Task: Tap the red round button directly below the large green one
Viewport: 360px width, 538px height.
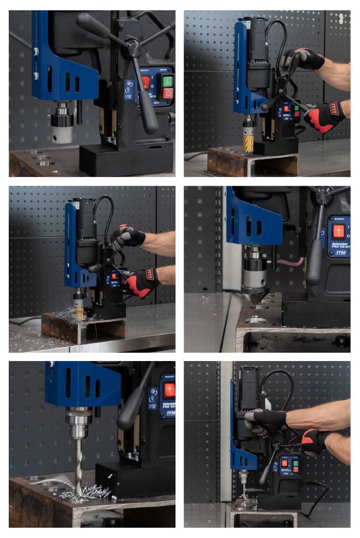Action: click(x=168, y=94)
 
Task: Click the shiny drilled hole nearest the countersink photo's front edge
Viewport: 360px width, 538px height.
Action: click(x=256, y=320)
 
